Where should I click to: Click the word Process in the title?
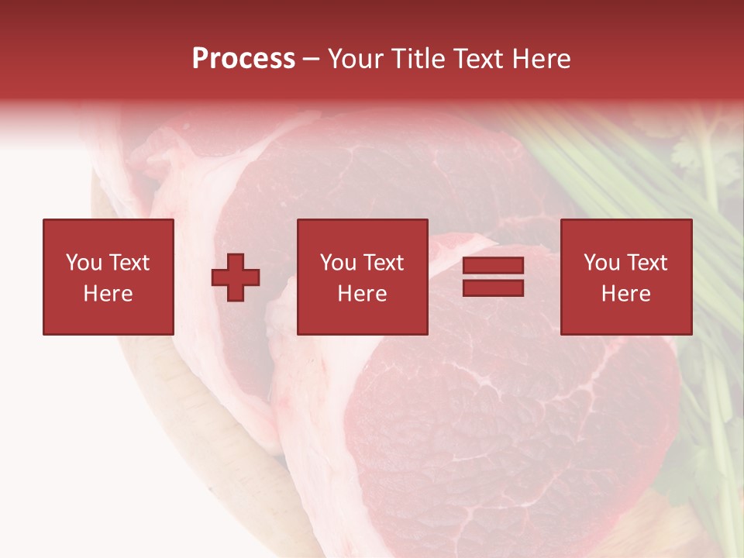click(243, 59)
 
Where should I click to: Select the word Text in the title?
click(479, 59)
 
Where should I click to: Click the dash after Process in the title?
click(312, 60)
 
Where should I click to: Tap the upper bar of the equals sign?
click(493, 266)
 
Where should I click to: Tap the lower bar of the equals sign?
click(493, 288)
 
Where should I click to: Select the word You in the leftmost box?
click(83, 263)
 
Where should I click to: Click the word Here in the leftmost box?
click(108, 294)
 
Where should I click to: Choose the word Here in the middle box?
click(362, 294)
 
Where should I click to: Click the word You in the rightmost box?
click(601, 263)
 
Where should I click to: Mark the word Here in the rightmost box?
click(625, 294)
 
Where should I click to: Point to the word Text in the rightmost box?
click(646, 263)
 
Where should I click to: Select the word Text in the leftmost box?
click(129, 263)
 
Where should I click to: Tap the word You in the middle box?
click(337, 263)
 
